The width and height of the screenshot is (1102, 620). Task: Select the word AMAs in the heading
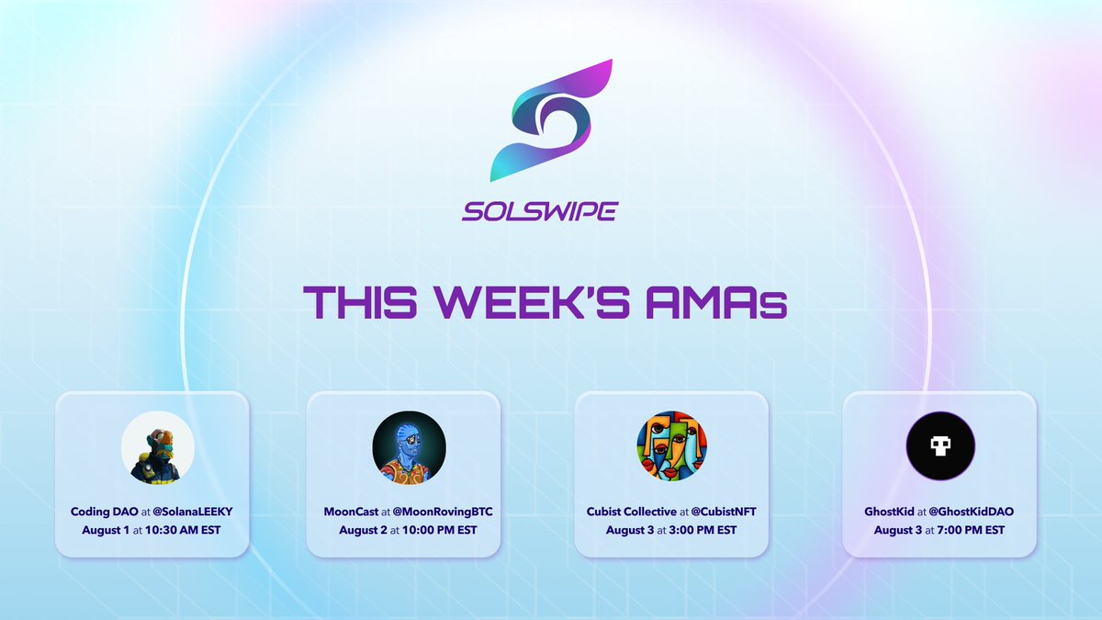(726, 300)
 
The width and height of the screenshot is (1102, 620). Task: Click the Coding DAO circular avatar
(158, 446)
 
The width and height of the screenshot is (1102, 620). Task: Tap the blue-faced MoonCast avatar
(409, 446)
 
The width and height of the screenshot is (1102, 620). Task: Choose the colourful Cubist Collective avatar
(671, 446)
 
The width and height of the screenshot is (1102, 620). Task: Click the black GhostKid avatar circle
(940, 446)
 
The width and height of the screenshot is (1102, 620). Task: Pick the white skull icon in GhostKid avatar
(940, 447)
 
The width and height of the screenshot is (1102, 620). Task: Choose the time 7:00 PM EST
(963, 530)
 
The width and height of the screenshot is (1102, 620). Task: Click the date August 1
(108, 530)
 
